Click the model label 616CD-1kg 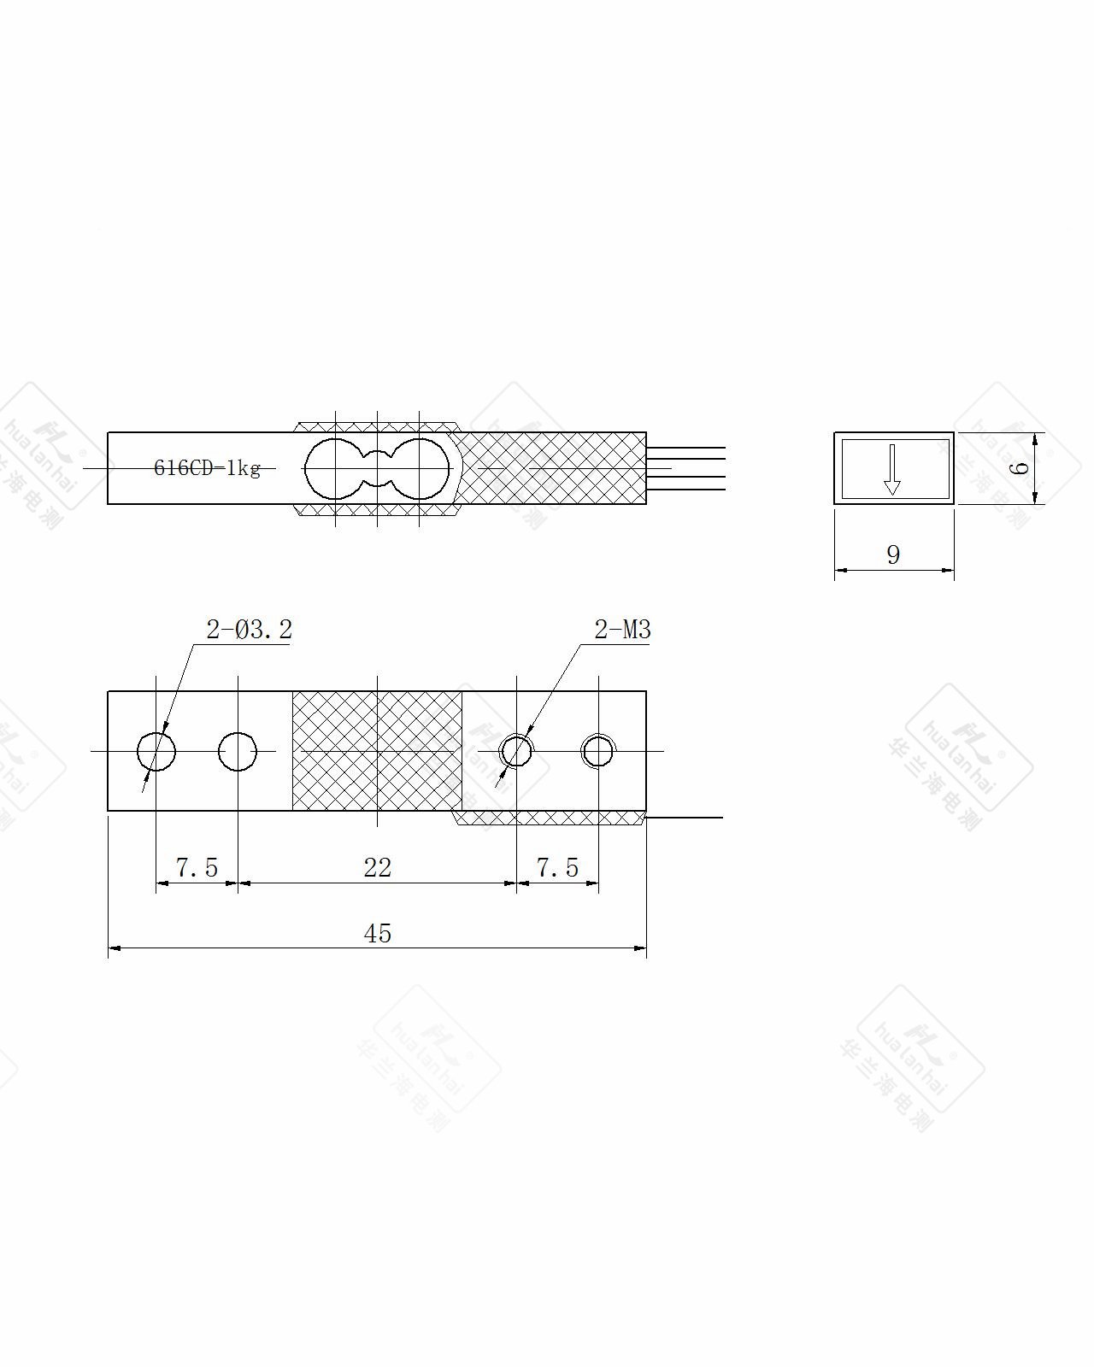[x=207, y=468]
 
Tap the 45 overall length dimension [x=378, y=933]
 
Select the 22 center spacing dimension [x=378, y=867]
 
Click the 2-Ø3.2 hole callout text [x=250, y=630]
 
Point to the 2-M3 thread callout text [x=622, y=630]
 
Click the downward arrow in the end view [x=892, y=469]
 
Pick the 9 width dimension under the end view [x=894, y=554]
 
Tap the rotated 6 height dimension [x=1020, y=468]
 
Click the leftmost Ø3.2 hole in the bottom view [x=156, y=751]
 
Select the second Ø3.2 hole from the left [x=238, y=751]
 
